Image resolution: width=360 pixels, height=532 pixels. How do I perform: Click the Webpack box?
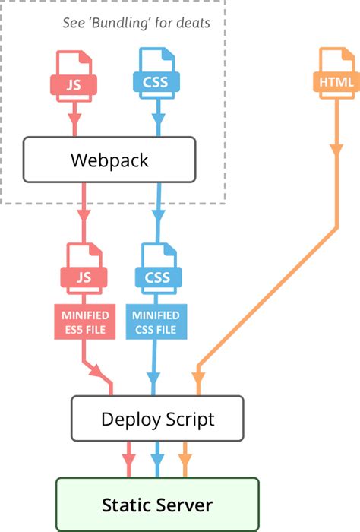(x=109, y=160)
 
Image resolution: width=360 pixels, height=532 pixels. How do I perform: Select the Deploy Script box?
(x=157, y=418)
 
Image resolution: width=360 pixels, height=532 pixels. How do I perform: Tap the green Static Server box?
(x=157, y=505)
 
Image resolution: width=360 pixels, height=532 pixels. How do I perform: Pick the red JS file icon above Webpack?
(x=74, y=76)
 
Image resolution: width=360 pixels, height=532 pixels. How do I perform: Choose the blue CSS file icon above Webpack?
(x=156, y=76)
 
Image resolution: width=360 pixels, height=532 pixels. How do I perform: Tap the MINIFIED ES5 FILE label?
(x=84, y=322)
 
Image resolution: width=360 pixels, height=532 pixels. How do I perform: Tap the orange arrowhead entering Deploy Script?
(x=199, y=375)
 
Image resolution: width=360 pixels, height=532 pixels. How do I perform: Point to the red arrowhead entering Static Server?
(x=128, y=460)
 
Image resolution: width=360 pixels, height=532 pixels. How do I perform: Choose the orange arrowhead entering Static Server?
(x=185, y=460)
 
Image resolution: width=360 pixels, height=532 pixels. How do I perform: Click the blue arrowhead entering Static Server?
(x=156, y=460)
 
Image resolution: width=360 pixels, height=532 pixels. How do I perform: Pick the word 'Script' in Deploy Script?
(x=187, y=419)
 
